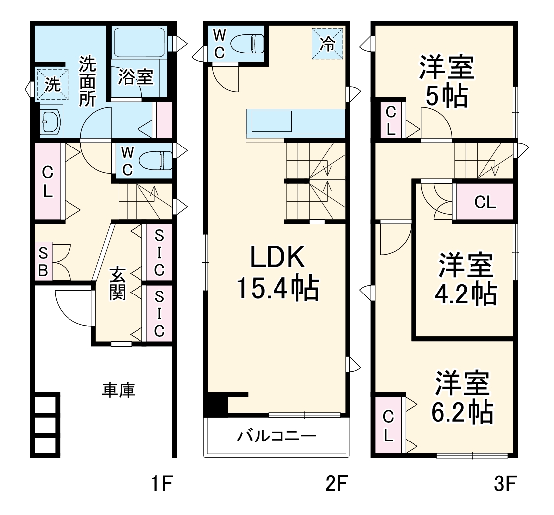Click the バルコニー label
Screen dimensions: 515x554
pyautogui.click(x=276, y=437)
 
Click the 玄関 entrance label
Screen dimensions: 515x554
pyautogui.click(x=117, y=284)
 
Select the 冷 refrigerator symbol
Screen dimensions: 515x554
pyautogui.click(x=327, y=44)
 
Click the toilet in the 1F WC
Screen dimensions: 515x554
pyautogui.click(x=155, y=161)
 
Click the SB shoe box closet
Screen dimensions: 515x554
pyautogui.click(x=43, y=261)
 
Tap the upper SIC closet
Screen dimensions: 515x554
pyautogui.click(x=158, y=253)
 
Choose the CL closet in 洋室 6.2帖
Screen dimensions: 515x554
pyautogui.click(x=389, y=425)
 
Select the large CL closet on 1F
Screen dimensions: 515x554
pyautogui.click(x=47, y=182)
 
